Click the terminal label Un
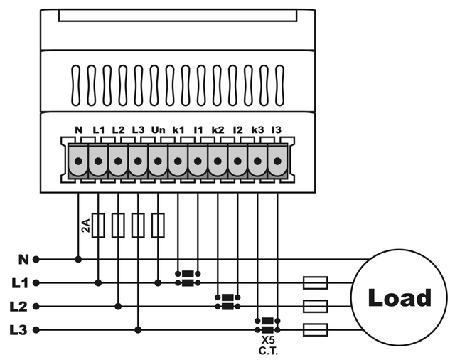click(158, 131)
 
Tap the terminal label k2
click(218, 131)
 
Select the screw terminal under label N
click(78, 162)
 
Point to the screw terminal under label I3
click(277, 162)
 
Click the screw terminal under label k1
click(178, 162)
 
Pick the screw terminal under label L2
click(118, 162)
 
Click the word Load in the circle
click(400, 297)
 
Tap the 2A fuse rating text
click(85, 227)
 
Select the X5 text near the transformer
click(267, 341)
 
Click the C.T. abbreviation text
click(267, 351)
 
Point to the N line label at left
click(23, 259)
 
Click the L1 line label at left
click(20, 282)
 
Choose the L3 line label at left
click(20, 330)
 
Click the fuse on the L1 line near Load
click(315, 282)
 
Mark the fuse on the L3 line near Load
click(315, 330)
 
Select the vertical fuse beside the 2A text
click(99, 225)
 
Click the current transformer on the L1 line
click(188, 277)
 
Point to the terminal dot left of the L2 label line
click(36, 307)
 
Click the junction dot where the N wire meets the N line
click(78, 259)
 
